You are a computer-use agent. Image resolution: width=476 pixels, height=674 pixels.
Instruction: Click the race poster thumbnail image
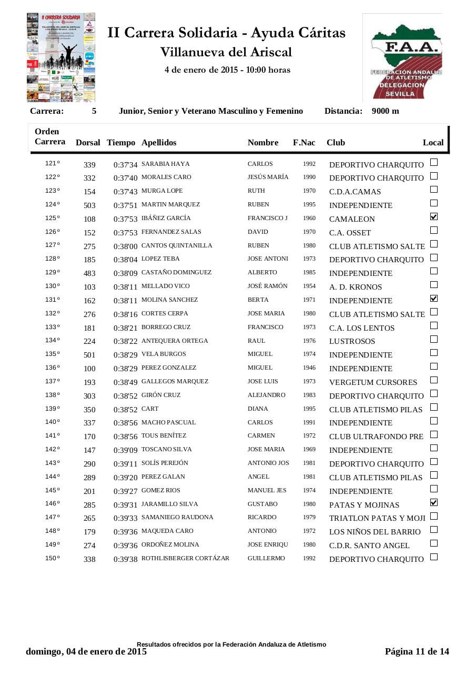[61, 57]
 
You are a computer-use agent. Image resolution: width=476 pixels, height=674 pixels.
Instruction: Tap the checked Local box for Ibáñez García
[434, 216]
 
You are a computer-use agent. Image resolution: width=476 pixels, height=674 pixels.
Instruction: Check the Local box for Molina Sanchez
[434, 299]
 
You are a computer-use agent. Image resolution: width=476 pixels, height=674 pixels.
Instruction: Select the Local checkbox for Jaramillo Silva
[434, 502]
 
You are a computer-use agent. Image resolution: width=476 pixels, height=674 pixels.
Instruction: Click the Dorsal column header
[88, 143]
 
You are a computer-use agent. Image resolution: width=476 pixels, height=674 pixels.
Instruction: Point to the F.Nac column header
[304, 143]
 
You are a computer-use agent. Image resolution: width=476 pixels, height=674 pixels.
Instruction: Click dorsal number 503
[89, 205]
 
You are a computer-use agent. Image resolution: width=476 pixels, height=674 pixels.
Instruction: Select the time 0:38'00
[125, 246]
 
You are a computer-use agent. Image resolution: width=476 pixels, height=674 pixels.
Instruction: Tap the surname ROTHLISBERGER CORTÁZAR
[185, 558]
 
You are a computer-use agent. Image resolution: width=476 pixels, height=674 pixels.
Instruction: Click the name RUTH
[256, 191]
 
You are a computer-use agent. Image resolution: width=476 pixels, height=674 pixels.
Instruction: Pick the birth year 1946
[309, 368]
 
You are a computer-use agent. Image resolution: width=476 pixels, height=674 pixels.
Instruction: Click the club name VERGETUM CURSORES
[373, 382]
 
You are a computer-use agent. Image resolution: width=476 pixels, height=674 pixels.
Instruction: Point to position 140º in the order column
[52, 422]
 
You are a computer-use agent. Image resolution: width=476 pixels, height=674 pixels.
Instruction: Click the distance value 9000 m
[385, 111]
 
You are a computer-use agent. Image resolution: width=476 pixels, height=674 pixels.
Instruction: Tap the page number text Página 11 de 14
[417, 651]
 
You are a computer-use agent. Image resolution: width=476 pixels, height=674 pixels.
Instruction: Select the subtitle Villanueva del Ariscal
[226, 52]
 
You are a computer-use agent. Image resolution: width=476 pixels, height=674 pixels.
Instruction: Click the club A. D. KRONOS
[356, 287]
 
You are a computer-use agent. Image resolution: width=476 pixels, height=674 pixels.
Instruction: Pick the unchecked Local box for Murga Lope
[434, 190]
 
